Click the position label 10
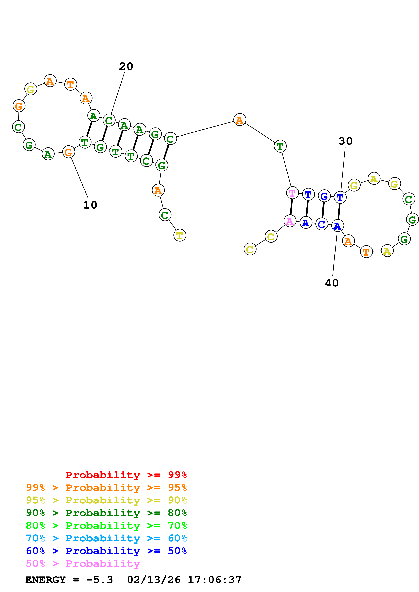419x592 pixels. pos(90,205)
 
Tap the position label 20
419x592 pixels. pos(126,66)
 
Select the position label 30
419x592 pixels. pos(345,141)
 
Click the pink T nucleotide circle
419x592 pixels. pos(292,193)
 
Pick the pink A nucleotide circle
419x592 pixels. pos(290,221)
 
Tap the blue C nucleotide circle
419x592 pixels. pos(322,224)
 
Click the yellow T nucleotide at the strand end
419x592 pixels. pos(180,235)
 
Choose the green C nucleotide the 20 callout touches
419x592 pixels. pos(109,120)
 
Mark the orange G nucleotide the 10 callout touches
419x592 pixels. pos(69,152)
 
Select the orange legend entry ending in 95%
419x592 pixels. pos(106,488)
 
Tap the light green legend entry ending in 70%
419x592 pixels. pos(106,526)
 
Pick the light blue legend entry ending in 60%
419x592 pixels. pos(106,538)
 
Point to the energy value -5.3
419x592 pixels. pos(100,580)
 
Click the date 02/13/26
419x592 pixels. pos(154,580)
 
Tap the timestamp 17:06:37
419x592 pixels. pos(214,580)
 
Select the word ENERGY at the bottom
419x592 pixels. pos(45,580)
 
